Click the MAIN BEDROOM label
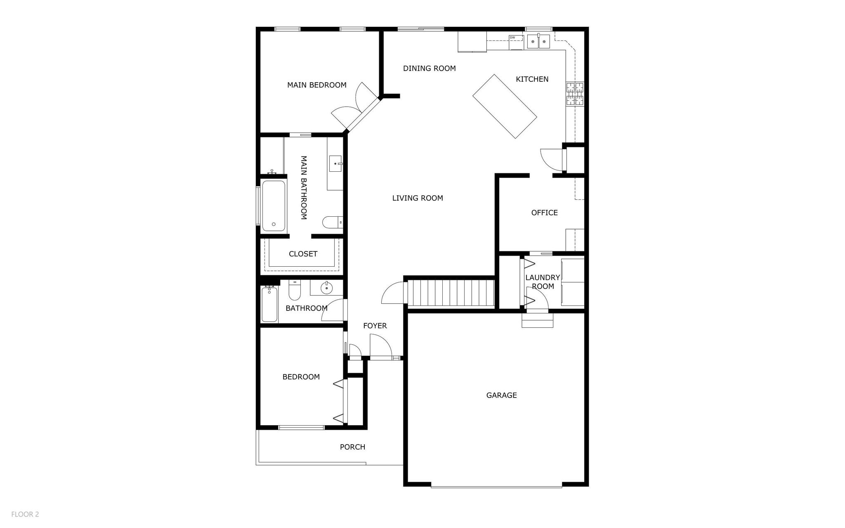pos(316,85)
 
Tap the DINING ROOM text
pos(429,68)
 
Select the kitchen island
pos(504,106)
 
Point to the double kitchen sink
pos(538,41)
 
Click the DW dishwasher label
pos(512,38)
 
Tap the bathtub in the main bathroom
pos(273,206)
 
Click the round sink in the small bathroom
pos(326,288)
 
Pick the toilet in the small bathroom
pos(294,291)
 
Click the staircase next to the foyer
pos(451,292)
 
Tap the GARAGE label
pos(501,395)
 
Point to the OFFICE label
pos(544,213)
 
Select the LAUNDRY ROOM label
pos(542,282)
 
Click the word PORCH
pos(352,447)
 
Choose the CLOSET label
pos(303,254)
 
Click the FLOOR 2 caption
pos(25,514)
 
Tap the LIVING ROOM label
pos(417,198)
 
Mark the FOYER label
pos(375,326)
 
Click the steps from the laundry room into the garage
pos(537,320)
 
